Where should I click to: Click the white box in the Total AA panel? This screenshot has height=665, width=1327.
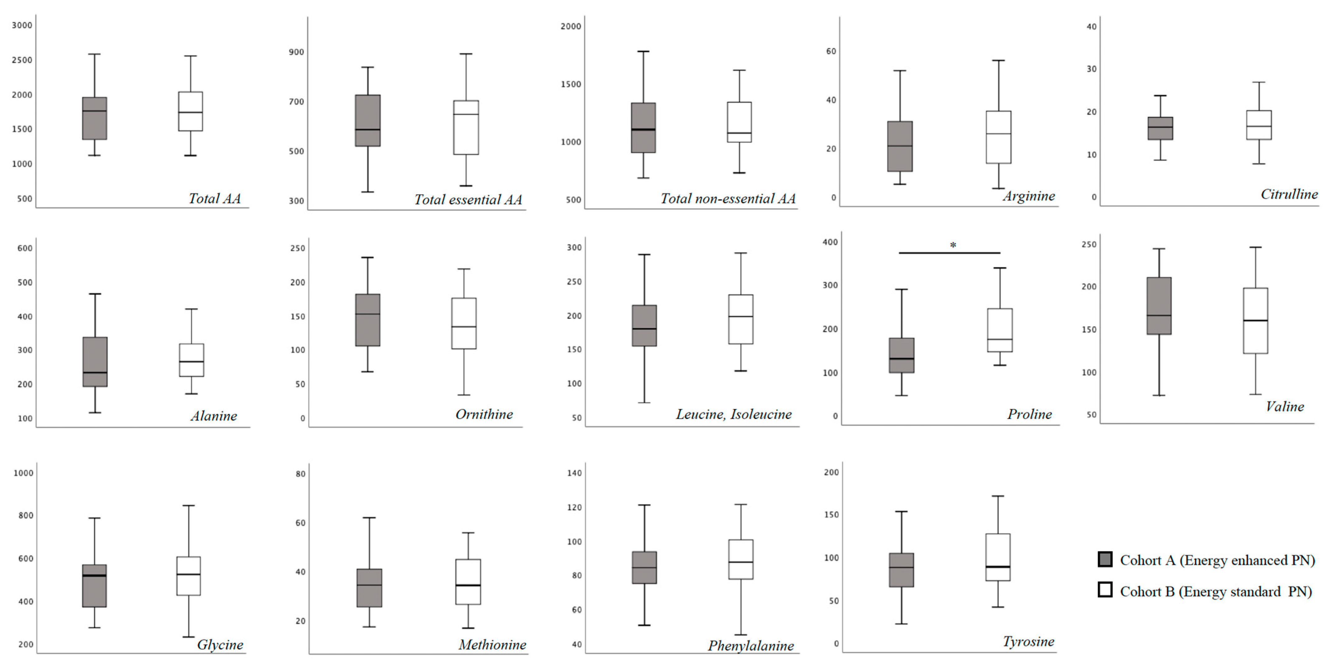190,111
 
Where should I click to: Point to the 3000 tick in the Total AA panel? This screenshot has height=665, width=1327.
22,25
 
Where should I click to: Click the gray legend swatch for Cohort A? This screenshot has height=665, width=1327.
1104,559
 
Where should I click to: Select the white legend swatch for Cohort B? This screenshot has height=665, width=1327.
1104,590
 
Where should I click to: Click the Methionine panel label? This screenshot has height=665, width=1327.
492,645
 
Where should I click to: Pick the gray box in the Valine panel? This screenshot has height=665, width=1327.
1159,306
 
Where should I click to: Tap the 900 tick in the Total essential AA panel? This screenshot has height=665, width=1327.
296,52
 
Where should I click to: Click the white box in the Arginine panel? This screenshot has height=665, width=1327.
998,137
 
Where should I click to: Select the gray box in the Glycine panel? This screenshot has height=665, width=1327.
95,586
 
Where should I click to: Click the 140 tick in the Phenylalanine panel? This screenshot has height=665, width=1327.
574,473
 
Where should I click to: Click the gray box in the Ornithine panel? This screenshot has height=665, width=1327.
368,320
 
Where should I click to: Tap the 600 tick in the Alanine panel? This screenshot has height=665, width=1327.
25,248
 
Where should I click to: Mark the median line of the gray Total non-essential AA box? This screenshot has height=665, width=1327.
643,129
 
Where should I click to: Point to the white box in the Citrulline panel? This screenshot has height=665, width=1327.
1259,125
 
